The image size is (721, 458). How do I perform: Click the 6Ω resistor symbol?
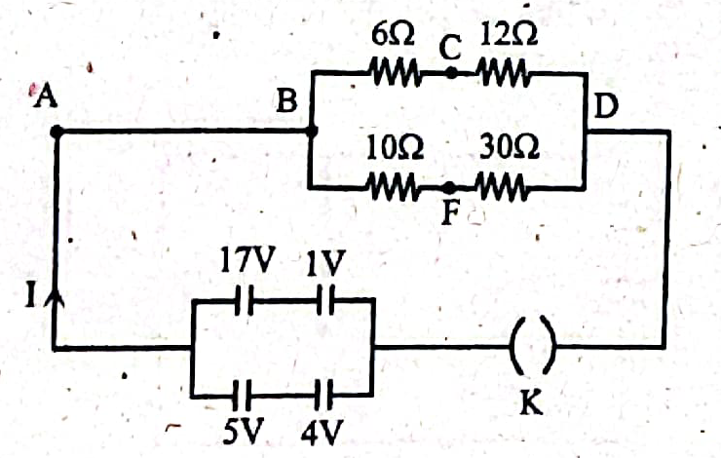(x=396, y=72)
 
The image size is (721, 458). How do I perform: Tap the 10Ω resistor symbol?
(x=394, y=187)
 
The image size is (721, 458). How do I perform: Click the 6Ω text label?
(x=394, y=35)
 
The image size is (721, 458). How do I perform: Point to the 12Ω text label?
(x=508, y=34)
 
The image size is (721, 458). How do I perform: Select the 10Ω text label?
(x=395, y=148)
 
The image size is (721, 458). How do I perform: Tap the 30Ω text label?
(x=510, y=147)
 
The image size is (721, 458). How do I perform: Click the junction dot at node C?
(x=451, y=73)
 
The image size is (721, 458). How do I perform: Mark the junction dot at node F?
(x=449, y=187)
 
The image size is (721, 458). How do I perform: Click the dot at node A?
(x=57, y=132)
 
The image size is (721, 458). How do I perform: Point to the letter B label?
(x=286, y=100)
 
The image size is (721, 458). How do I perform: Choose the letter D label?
(x=606, y=106)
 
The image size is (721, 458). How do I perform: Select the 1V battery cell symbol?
(x=326, y=300)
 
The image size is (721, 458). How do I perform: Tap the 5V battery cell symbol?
(x=243, y=395)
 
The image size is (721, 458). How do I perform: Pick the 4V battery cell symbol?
(x=323, y=395)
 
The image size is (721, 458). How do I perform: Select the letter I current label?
(x=31, y=294)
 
